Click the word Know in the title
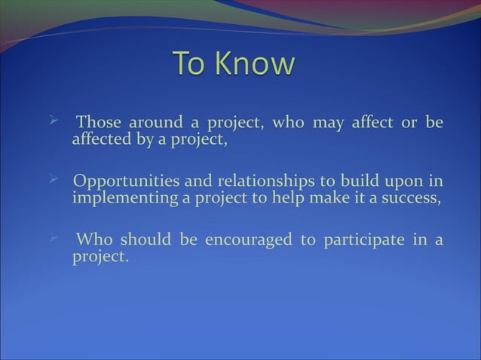(x=253, y=64)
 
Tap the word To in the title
(x=191, y=64)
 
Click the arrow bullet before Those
(x=53, y=120)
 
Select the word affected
(x=100, y=139)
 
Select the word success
(x=409, y=199)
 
